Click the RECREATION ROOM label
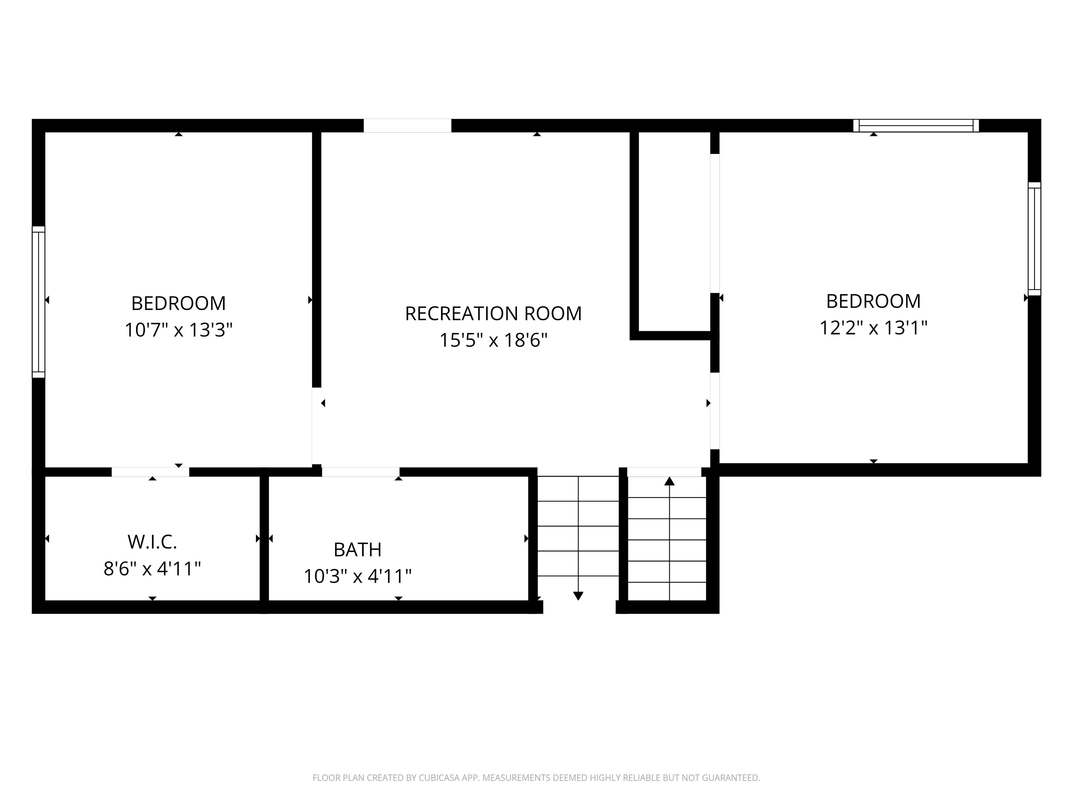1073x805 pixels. coord(493,313)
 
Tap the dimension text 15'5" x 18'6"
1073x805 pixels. coord(493,340)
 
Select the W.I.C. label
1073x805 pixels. coord(152,542)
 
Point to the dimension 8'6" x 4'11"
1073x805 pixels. coord(152,569)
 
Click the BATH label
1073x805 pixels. coord(358,550)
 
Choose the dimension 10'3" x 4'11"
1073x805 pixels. coord(358,576)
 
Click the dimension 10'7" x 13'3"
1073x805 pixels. coord(178,330)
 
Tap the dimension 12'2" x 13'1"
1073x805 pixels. coord(873,328)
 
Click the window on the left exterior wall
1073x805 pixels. coord(38,302)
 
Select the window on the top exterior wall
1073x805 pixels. coord(916,126)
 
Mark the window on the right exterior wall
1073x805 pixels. coord(1034,239)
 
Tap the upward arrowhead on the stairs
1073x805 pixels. coord(670,481)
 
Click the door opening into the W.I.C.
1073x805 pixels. coord(151,472)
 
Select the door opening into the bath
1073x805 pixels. coord(360,472)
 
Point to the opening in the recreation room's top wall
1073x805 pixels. coord(408,126)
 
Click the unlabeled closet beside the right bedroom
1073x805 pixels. coord(674,231)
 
